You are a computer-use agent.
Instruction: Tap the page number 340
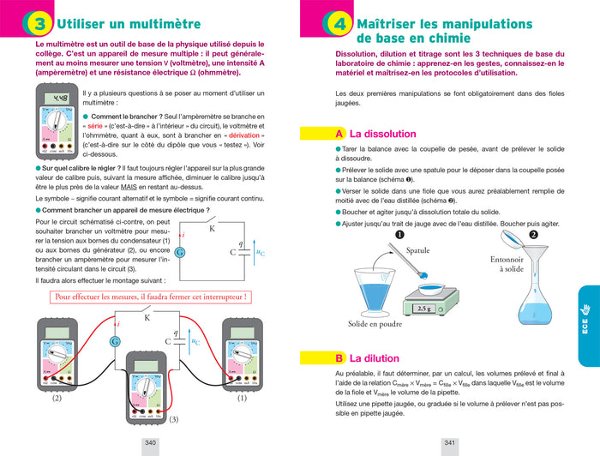(151, 442)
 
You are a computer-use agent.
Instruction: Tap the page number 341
(448, 442)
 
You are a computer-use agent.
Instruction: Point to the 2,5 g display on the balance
(427, 309)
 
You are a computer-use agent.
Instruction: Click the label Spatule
(417, 251)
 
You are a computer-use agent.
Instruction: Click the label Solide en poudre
(375, 325)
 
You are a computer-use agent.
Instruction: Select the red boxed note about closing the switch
(150, 297)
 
